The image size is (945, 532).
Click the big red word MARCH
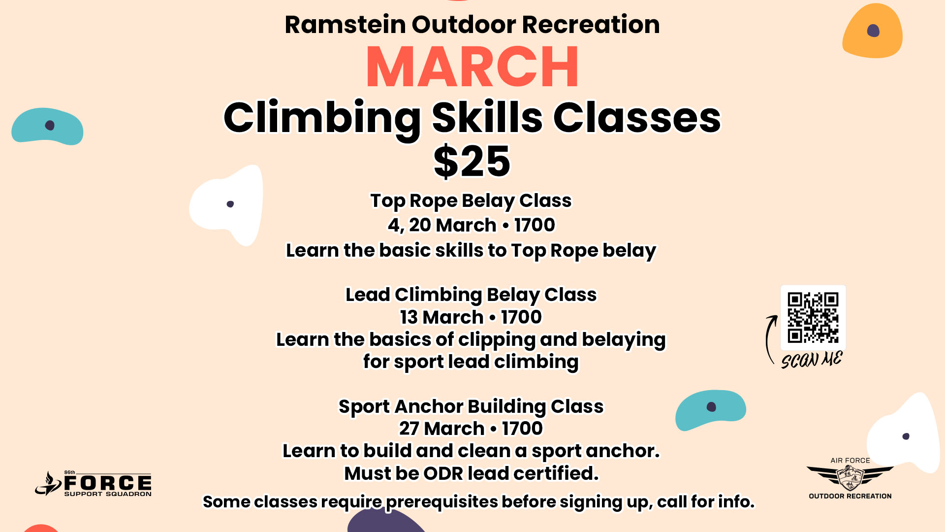coord(472,67)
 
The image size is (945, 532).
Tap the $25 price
coord(472,161)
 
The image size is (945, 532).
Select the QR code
coord(813,318)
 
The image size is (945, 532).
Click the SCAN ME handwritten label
coord(812,360)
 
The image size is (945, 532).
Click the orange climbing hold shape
coord(872,31)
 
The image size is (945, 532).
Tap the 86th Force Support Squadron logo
coord(94,483)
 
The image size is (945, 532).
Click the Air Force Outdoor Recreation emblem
coord(850,478)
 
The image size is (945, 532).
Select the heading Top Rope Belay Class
coord(471,200)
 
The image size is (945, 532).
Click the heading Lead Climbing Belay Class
coord(471,295)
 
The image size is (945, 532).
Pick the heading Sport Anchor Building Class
coord(471,406)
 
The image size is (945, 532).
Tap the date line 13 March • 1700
coord(471,317)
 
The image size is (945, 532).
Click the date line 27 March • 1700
coord(471,428)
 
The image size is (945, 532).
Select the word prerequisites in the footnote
coord(442,502)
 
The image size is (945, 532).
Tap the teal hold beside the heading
coord(47,126)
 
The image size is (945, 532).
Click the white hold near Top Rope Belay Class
coord(227,204)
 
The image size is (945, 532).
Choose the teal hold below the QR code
coord(710,410)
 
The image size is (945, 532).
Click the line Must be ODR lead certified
coord(471,473)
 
